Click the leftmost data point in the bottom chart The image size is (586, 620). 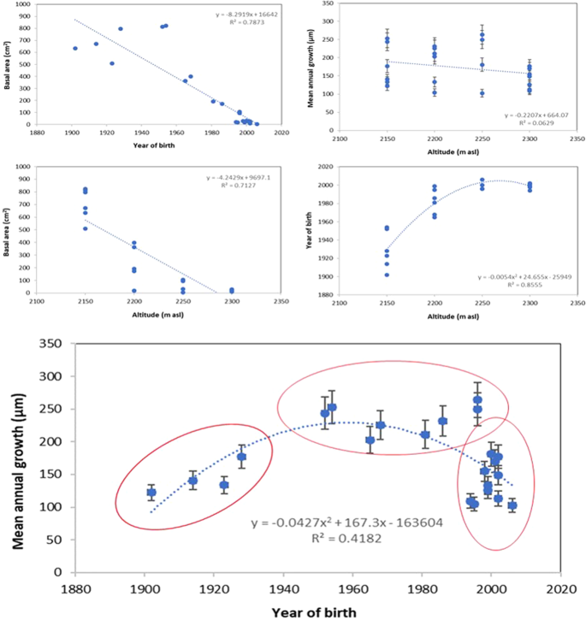pyautogui.click(x=151, y=493)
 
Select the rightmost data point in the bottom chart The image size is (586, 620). pyautogui.click(x=512, y=505)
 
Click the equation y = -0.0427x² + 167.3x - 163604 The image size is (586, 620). pyautogui.click(x=346, y=523)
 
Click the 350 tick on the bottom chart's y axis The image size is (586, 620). pyautogui.click(x=57, y=343)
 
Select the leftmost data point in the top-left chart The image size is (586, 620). pyautogui.click(x=75, y=49)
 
